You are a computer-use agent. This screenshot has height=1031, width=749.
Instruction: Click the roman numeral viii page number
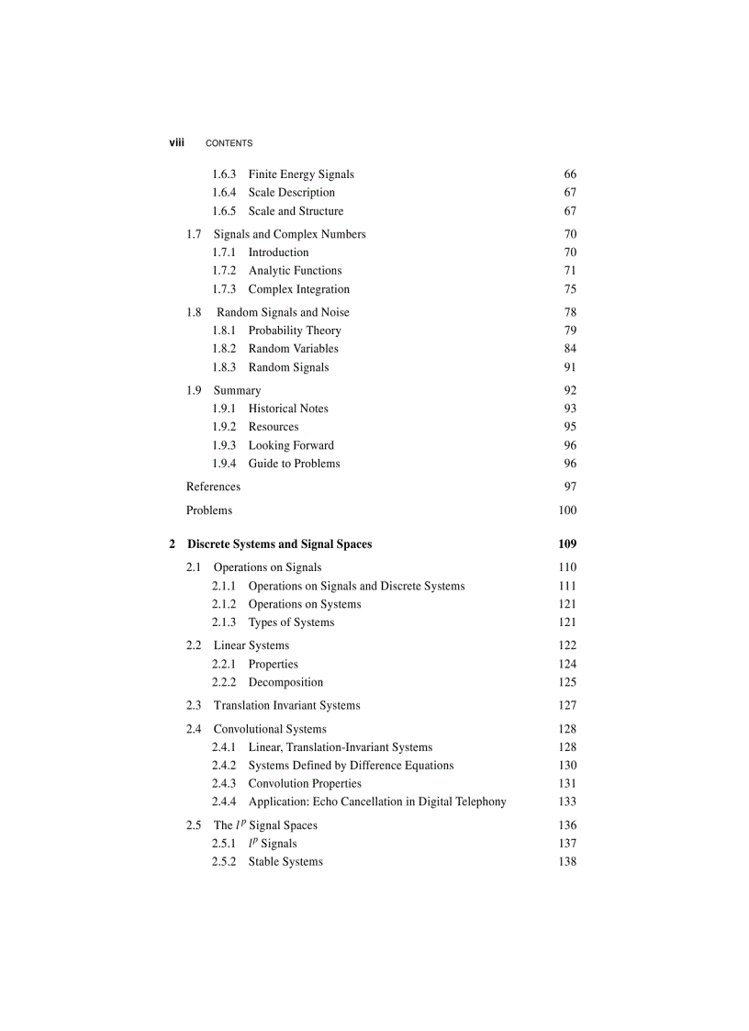pos(176,142)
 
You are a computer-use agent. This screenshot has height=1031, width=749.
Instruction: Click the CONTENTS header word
pos(229,143)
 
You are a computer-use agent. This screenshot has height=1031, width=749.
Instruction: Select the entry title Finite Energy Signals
pos(301,174)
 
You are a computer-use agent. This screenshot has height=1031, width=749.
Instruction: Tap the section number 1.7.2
pos(224,271)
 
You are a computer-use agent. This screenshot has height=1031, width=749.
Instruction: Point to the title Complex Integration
pos(298,289)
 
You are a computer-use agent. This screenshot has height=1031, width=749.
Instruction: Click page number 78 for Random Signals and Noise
pos(570,312)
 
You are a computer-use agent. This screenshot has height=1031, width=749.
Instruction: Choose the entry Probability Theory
pos(295,331)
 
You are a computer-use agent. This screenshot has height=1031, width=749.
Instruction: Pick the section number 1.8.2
pos(224,349)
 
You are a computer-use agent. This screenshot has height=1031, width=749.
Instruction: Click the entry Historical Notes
pos(288,409)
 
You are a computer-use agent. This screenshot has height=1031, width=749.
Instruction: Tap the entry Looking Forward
pos(291,445)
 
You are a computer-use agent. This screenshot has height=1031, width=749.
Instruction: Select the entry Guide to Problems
pos(294,464)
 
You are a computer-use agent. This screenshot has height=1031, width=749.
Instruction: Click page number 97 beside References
pos(570,487)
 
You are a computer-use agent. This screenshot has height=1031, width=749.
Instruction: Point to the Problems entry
pos(209,510)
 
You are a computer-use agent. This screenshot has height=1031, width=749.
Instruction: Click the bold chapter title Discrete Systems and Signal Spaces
pos(280,544)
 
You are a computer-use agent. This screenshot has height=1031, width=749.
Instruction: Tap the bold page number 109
pos(567,544)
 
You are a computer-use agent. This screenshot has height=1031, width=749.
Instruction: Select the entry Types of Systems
pos(291,622)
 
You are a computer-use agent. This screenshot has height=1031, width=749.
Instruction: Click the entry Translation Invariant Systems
pos(286,705)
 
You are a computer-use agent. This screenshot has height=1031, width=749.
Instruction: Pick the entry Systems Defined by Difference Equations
pos(351,765)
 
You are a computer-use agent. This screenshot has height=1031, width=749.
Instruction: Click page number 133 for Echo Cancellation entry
pos(567,801)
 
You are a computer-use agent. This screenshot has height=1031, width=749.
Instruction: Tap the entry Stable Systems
pos(285,861)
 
